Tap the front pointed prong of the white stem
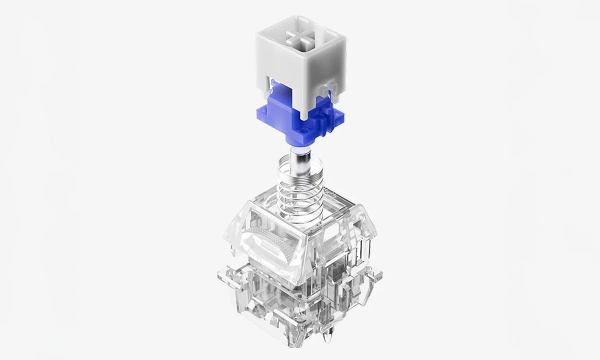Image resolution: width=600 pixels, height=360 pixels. tap(303, 113)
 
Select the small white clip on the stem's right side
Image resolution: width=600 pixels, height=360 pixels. tap(328, 88)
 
